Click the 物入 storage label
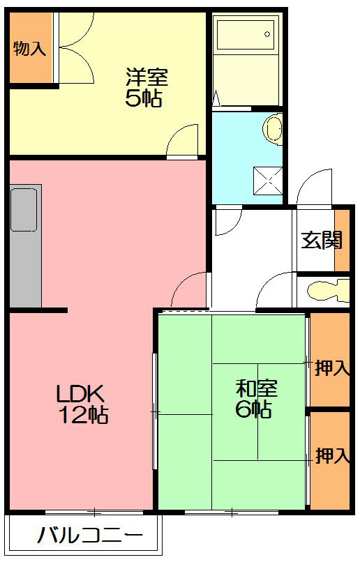29,49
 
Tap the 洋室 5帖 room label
146,86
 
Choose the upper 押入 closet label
331,368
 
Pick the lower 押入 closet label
331,457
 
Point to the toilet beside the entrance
328,289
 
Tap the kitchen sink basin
26,209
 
